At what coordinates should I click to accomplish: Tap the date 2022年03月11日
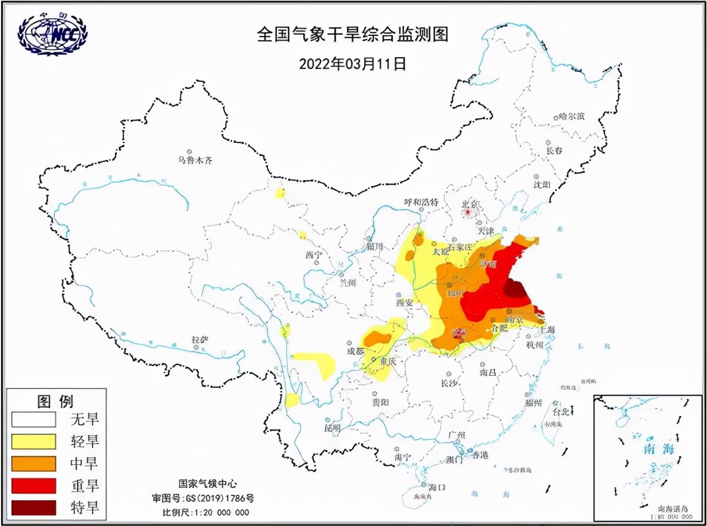click(x=352, y=63)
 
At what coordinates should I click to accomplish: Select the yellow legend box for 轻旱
click(x=33, y=441)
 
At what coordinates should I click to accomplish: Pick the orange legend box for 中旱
click(x=33, y=463)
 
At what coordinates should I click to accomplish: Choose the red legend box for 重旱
click(x=33, y=485)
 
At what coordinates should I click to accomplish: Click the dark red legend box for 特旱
click(x=33, y=507)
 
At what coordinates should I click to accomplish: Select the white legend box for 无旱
click(x=33, y=419)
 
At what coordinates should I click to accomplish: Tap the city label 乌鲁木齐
click(x=194, y=159)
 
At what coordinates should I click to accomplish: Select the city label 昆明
click(x=332, y=427)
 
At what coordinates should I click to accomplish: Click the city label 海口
click(x=436, y=487)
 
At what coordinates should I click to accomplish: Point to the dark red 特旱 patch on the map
click(x=516, y=289)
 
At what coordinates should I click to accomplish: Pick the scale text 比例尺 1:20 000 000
click(x=206, y=512)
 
